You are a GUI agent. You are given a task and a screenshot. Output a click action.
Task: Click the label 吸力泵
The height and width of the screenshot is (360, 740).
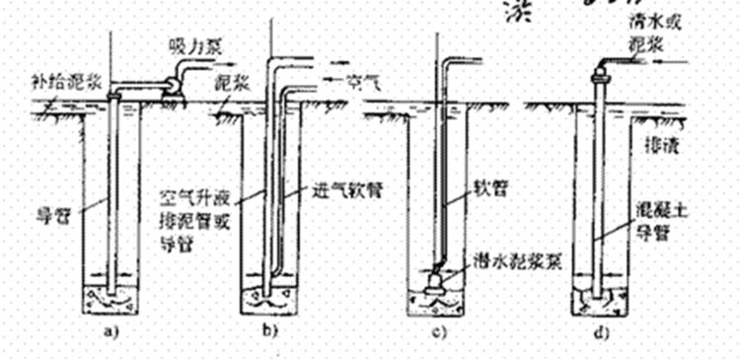(x=190, y=46)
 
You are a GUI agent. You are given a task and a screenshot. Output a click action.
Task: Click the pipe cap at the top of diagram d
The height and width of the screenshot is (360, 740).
(x=599, y=72)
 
